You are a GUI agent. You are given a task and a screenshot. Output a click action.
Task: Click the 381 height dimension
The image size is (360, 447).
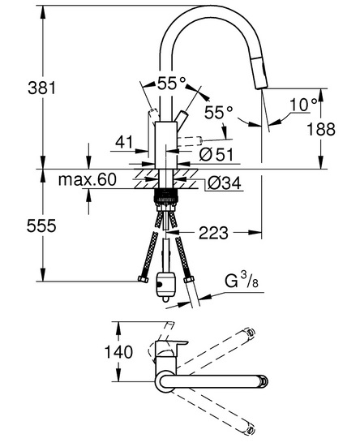(42, 88)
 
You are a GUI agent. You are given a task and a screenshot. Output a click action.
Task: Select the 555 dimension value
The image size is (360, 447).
(41, 226)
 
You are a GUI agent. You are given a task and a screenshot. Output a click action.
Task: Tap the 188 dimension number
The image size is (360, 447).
(321, 130)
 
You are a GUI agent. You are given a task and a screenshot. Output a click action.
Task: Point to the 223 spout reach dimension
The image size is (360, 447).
(213, 233)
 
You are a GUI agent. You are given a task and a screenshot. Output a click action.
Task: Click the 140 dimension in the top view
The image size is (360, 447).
(118, 352)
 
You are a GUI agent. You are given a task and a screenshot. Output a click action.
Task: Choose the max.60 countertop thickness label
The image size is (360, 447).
(88, 180)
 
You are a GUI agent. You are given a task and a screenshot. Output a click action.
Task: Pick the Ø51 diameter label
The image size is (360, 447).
(216, 154)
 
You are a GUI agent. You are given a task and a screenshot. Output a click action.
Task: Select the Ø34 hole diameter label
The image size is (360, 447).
(224, 183)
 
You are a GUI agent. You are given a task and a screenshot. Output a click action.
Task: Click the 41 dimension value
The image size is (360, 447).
(124, 142)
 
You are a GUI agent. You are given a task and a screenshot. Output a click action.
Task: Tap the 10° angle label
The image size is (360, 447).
(303, 105)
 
